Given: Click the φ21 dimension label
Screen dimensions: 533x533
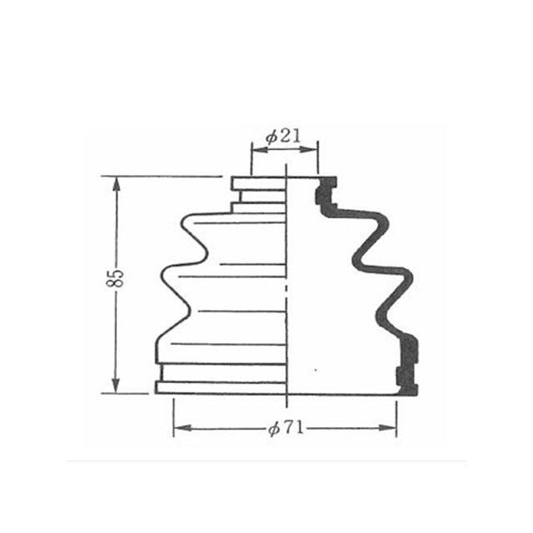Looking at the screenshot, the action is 283,137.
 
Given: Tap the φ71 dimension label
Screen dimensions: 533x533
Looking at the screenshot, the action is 286,428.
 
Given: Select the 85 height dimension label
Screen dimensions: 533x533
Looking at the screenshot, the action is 115,278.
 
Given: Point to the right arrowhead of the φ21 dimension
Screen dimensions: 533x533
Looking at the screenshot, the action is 309,150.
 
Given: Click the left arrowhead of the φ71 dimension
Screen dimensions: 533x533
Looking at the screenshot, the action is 182,428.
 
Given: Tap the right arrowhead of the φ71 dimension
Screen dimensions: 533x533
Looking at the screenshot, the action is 387,428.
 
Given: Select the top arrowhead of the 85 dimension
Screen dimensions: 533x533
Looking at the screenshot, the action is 117,186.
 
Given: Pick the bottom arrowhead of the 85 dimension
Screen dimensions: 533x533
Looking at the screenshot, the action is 116,385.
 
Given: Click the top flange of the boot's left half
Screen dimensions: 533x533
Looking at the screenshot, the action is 258,183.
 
